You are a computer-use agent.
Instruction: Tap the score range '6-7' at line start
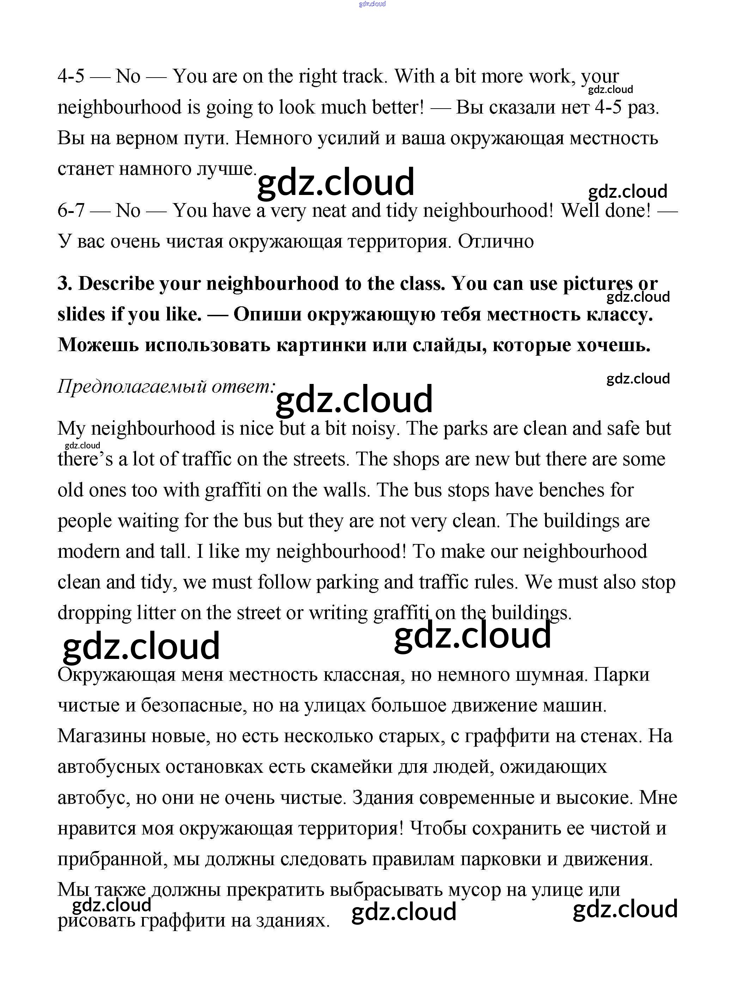point(71,210)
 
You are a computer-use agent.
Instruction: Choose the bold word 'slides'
point(81,314)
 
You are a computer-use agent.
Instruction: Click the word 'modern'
point(88,551)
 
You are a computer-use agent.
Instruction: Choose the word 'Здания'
point(383,798)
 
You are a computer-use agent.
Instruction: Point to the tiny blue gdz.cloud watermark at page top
point(372,4)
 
